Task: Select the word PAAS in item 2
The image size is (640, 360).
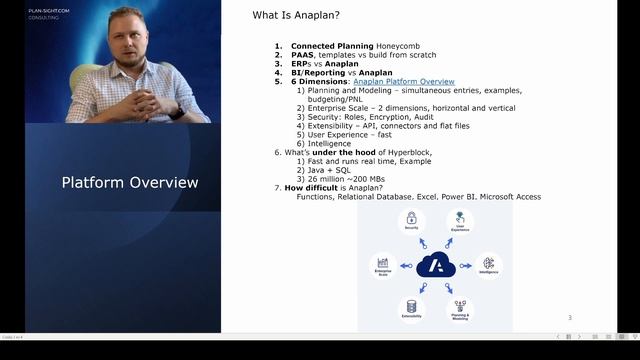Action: (303, 55)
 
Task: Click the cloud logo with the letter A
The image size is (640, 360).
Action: (435, 265)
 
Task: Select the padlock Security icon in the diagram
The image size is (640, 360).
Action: (411, 219)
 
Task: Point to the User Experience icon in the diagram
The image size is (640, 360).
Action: (459, 219)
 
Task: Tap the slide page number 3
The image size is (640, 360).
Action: (569, 318)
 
